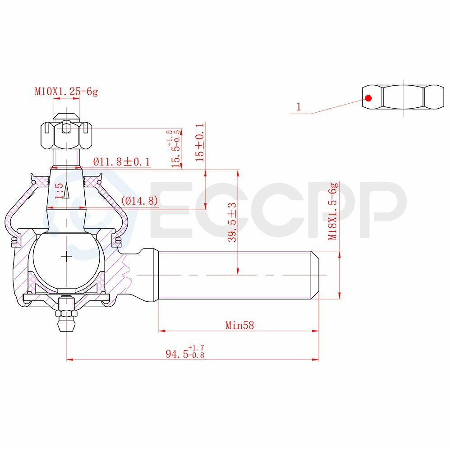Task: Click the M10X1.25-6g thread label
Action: coord(66,92)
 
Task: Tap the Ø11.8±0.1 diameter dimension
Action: coord(122,161)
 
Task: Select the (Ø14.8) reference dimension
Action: coord(139,201)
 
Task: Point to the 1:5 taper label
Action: coord(59,190)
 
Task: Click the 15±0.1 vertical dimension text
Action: coord(200,142)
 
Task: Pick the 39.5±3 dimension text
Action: coord(232,222)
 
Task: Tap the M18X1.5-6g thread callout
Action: coord(333,211)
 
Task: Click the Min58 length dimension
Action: coord(239,325)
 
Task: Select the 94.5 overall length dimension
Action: coord(185,352)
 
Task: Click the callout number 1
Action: coord(299,107)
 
